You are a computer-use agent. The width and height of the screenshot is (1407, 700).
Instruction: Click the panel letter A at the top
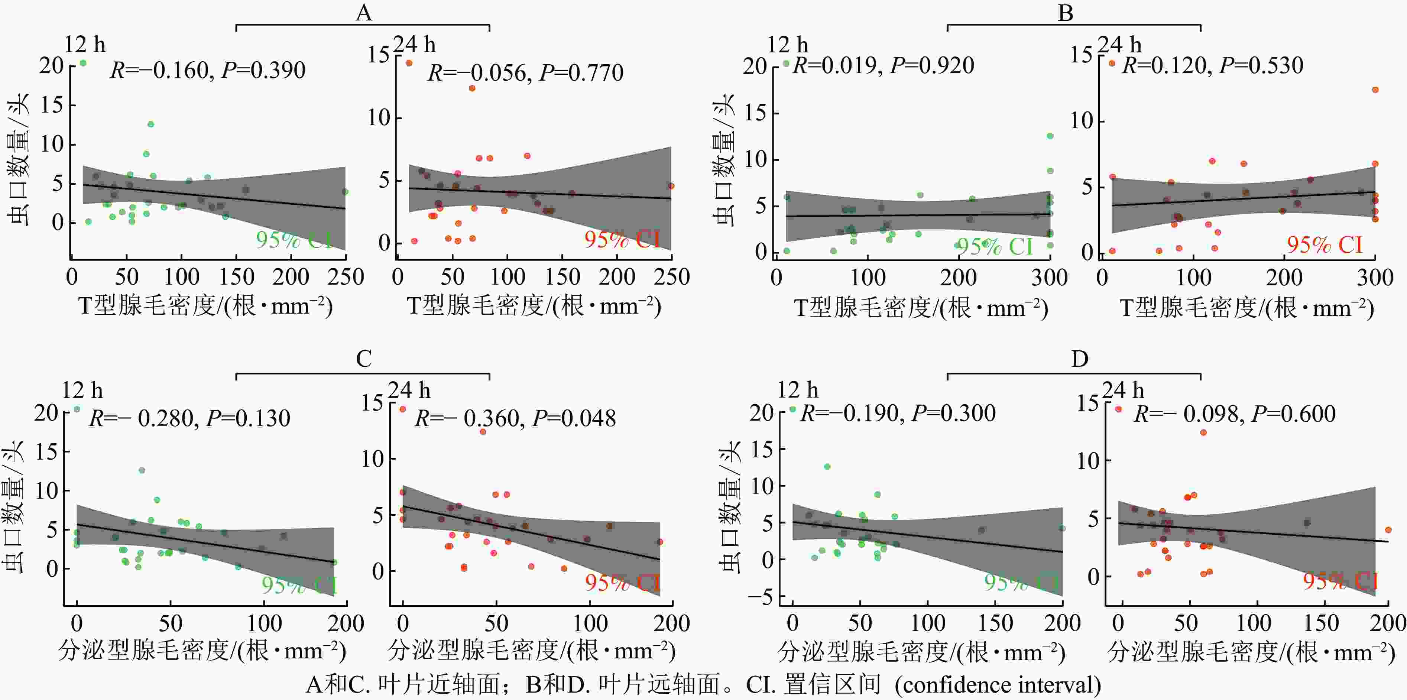tap(364, 12)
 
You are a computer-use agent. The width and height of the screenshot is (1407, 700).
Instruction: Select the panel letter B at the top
tap(1066, 12)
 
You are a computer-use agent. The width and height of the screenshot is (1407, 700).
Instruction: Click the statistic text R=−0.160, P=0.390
tap(208, 70)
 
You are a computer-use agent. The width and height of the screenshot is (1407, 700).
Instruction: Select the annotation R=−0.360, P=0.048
tap(515, 418)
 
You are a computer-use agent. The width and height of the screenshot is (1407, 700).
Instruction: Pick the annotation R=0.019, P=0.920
tap(883, 65)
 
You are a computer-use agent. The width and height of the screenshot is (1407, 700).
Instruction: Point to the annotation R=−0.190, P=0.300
tap(897, 413)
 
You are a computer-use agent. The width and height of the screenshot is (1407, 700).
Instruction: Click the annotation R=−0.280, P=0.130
tap(189, 418)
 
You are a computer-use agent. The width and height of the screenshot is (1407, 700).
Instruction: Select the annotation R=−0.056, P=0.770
tap(525, 72)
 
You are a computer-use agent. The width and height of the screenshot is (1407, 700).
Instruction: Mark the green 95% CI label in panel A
tap(294, 240)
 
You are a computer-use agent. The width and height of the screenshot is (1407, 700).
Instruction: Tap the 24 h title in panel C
tap(409, 390)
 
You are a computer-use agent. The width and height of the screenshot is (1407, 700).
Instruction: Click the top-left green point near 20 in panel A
tap(83, 63)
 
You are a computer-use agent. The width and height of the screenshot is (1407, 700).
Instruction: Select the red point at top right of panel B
tap(1375, 90)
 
